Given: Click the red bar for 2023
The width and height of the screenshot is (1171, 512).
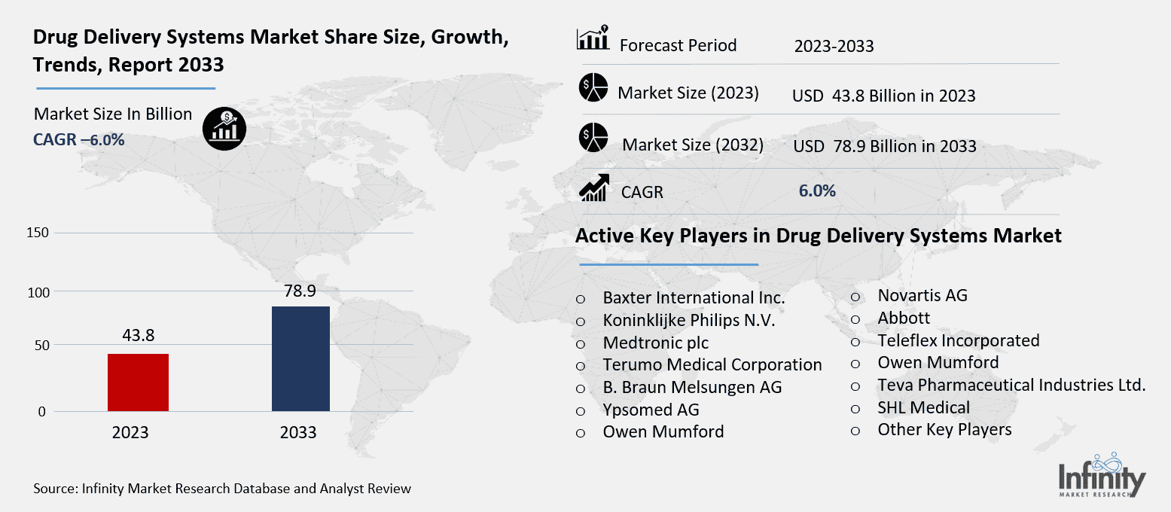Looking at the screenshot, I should pos(138,382).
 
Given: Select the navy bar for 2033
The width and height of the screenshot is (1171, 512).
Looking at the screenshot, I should pos(300,358).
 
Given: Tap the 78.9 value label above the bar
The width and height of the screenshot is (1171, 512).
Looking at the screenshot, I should pos(300,291).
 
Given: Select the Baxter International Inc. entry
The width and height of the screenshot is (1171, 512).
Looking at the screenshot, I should pos(694,298).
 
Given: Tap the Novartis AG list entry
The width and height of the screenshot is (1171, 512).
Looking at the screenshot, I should pos(922,295).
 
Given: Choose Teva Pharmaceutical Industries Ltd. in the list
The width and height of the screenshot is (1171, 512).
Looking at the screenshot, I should pos(1011,386).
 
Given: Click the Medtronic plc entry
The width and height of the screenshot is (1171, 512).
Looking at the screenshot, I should pos(655,343).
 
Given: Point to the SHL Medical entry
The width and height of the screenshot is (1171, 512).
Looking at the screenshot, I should pos(923,407).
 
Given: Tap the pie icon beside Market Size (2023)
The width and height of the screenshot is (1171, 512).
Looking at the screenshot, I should pos(593,88).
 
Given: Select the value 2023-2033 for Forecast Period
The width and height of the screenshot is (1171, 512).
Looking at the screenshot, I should pos(834,47).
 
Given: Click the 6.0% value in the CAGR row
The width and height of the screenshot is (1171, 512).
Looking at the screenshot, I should pos(817,191).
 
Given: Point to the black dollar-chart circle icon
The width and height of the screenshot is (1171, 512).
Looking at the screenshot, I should pos(225,128).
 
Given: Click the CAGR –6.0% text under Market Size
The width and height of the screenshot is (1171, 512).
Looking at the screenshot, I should pos(79,139).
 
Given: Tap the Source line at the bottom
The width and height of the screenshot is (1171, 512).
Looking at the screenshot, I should pos(222,489).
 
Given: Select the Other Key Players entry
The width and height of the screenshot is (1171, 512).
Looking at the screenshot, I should pos(944,429).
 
